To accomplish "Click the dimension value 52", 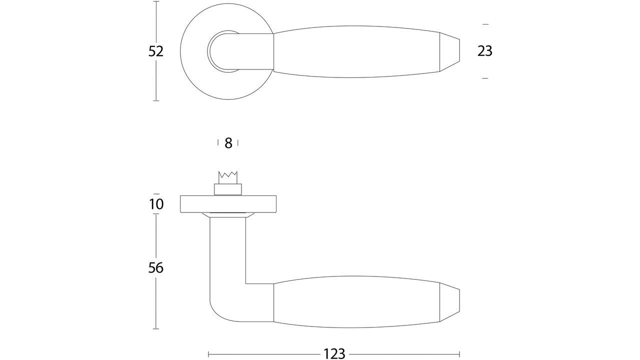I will (x=156, y=51).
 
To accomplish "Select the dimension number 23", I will (x=484, y=51).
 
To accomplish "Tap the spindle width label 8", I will (x=228, y=143).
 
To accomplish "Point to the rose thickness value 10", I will (x=156, y=204).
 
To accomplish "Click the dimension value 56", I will (x=156, y=268).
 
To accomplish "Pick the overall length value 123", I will (x=334, y=354).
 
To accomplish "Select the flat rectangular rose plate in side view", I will (x=228, y=204).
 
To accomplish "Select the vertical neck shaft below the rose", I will (x=228, y=250).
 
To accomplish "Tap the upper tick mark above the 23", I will (x=484, y=24).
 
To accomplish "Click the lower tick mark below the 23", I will (x=484, y=78).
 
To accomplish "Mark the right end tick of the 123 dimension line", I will (x=459, y=354).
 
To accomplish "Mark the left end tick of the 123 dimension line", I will (x=208, y=354).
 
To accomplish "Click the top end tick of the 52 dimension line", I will (x=156, y=1).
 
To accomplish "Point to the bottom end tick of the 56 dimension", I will (x=156, y=328).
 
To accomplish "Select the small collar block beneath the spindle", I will (x=228, y=189).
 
